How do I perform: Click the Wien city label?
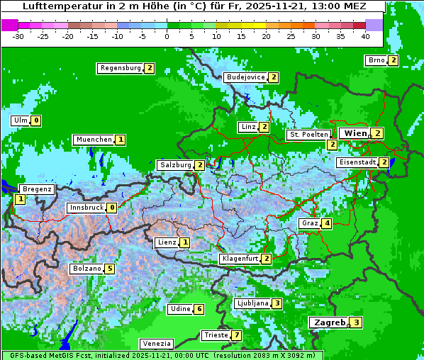pyautogui.click(x=354, y=133)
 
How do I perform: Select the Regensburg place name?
pyautogui.click(x=120, y=68)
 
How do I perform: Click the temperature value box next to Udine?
pyautogui.click(x=199, y=309)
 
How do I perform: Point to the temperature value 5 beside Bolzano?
pyautogui.click(x=109, y=269)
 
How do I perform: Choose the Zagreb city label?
pyautogui.click(x=330, y=322)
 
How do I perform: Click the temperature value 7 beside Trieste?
pyautogui.click(x=237, y=335)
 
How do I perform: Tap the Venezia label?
pyautogui.click(x=156, y=343)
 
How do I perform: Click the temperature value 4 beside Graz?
pyautogui.click(x=326, y=223)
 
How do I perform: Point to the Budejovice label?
pyautogui.click(x=245, y=77)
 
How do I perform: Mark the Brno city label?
pyautogui.click(x=376, y=60)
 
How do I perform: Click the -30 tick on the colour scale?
pyautogui.click(x=18, y=36)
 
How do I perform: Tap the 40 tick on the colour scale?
pyautogui.click(x=365, y=36)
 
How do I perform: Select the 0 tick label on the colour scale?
pyautogui.click(x=167, y=36)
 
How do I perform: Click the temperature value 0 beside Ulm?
pyautogui.click(x=36, y=120)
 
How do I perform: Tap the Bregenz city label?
pyautogui.click(x=37, y=189)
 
